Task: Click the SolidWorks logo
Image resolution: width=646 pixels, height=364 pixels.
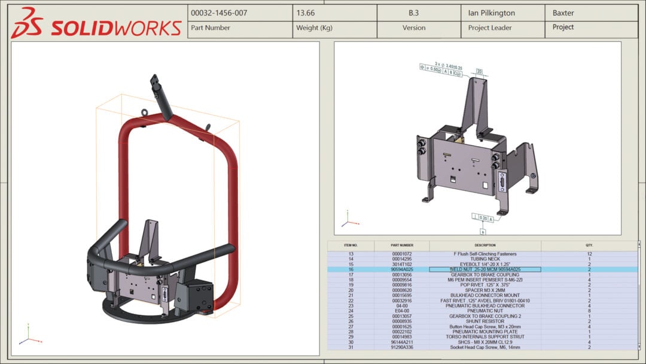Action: [96, 24]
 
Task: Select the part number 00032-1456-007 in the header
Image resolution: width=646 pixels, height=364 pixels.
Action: [219, 13]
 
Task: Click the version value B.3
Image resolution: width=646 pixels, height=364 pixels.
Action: [413, 13]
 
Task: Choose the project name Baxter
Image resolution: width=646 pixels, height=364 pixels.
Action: [563, 13]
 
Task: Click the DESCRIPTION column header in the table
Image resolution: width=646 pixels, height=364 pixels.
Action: [485, 245]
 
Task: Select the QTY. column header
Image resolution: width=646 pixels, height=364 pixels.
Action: [589, 245]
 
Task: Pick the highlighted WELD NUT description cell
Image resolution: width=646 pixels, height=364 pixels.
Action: [485, 269]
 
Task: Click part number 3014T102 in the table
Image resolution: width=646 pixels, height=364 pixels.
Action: [402, 264]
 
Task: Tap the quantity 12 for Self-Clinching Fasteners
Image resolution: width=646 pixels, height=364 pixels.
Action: [589, 254]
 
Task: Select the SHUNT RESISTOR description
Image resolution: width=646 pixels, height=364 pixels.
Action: [485, 321]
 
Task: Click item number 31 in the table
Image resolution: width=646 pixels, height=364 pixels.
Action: [351, 347]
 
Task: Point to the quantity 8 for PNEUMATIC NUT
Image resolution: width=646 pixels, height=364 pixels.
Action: [589, 311]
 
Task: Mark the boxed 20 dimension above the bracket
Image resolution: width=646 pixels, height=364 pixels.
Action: [479, 71]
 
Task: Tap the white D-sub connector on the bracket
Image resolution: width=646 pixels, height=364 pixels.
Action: [501, 181]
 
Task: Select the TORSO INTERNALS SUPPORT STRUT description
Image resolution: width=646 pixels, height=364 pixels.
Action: [485, 337]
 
